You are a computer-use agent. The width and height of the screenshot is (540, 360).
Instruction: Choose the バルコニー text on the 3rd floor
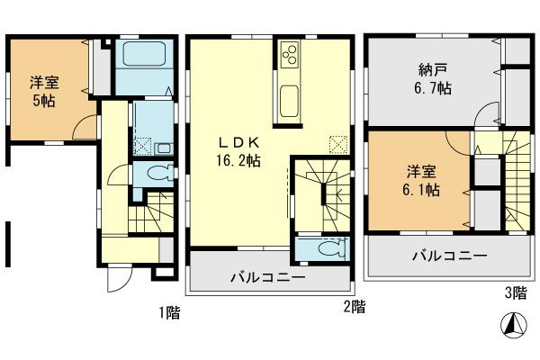[450, 256]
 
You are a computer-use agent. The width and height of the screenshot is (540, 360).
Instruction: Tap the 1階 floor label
[170, 312]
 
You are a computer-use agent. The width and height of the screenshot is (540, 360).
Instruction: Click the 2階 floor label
[354, 306]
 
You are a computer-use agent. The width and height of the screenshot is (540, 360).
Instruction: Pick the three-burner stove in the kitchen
[291, 57]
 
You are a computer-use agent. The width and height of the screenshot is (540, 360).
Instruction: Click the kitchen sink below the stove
[290, 96]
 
